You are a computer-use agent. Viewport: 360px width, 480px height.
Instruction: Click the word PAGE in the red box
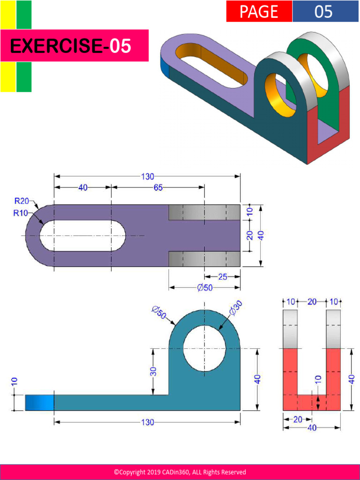[259, 11]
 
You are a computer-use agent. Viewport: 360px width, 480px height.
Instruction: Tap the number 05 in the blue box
[323, 11]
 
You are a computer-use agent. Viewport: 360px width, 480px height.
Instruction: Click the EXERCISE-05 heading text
[70, 46]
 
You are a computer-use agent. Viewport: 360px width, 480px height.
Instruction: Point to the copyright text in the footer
[180, 472]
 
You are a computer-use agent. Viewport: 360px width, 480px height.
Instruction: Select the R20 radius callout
[21, 201]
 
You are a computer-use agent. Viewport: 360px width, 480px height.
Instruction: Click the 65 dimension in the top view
[158, 187]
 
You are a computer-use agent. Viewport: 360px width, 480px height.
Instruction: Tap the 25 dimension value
[223, 277]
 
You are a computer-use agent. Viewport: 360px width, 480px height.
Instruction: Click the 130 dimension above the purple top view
[147, 177]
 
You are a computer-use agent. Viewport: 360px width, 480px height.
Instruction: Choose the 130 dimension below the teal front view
[147, 422]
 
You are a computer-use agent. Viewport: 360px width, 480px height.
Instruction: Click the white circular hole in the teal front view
[204, 349]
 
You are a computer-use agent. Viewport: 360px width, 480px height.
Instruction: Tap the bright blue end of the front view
[39, 403]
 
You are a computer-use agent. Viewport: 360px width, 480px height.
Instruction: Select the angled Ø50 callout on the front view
[159, 313]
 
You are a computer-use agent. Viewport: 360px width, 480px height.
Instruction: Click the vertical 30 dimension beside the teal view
[153, 372]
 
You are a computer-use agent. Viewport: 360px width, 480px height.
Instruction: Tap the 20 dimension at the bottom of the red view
[298, 420]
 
